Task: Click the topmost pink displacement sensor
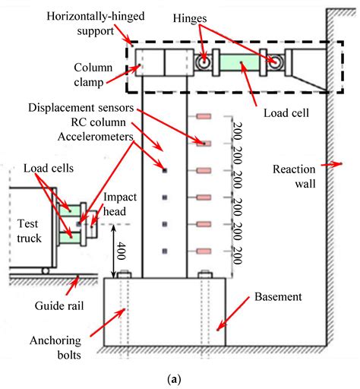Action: pos(204,116)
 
